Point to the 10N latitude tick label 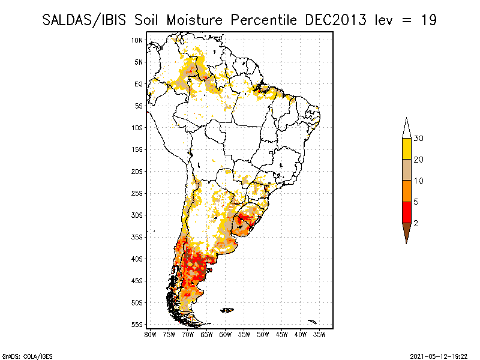[137, 40]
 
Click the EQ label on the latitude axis [138, 84]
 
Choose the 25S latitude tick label [137, 193]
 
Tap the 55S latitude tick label [137, 324]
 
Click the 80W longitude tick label [150, 334]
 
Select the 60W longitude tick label [226, 334]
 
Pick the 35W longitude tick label [320, 334]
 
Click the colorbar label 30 [419, 139]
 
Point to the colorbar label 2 [416, 223]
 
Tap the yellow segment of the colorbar [406, 149]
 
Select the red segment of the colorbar [406, 212]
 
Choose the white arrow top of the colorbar [406, 128]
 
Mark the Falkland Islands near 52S [227, 310]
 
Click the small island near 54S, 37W [311, 322]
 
